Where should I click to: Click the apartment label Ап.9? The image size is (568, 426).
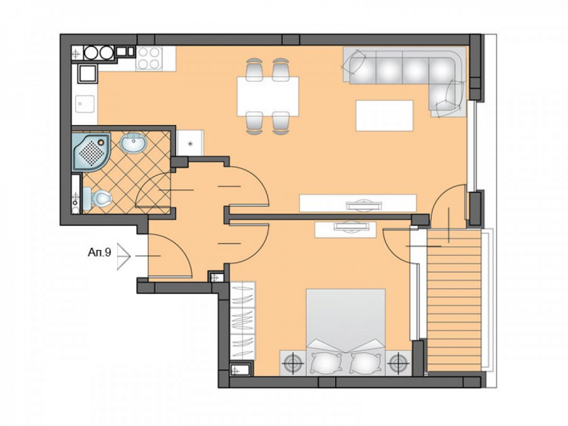99,252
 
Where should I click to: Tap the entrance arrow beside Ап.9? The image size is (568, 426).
124,256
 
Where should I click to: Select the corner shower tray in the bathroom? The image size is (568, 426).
91,151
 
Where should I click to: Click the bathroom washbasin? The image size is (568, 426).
133,143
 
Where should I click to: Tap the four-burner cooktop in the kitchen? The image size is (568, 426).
149,58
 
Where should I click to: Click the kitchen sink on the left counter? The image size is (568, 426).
85,105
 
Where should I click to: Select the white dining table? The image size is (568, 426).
268,96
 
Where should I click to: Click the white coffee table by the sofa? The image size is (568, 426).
384,115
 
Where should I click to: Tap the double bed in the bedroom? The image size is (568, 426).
345,332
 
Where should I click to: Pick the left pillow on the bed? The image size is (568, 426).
326,362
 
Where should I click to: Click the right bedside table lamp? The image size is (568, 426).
398,362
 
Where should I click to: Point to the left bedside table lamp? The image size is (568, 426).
293,362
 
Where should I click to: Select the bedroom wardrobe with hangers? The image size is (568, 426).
242,321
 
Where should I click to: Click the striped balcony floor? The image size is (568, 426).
454,300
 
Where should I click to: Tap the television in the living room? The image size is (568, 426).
364,205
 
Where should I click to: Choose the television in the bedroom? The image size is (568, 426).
352,227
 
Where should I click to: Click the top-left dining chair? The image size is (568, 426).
254,69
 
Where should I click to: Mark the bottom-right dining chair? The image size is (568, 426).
281,123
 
